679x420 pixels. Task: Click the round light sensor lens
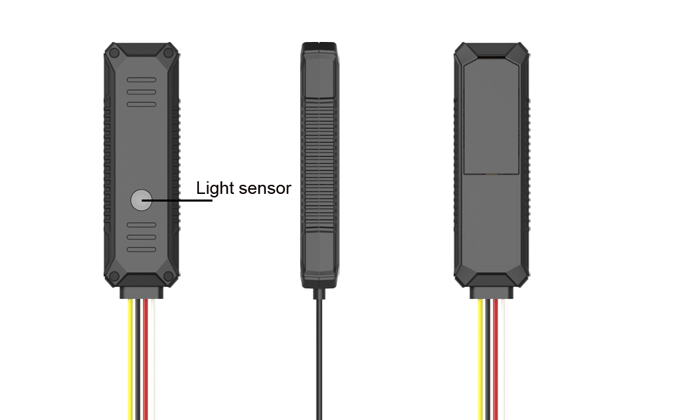[141, 200]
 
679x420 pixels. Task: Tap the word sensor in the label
[265, 189]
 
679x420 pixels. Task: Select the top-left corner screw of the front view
[114, 52]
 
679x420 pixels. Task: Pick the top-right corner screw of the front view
[169, 52]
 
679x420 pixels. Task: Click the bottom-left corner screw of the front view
[114, 276]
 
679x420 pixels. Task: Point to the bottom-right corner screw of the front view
[169, 276]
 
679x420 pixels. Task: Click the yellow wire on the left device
[131, 359]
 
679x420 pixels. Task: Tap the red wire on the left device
[146, 359]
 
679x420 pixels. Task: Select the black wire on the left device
[139, 359]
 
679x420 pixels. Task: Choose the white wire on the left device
[153, 359]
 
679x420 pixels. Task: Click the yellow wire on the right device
[481, 359]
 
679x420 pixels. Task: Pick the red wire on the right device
[496, 359]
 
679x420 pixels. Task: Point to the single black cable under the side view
[319, 359]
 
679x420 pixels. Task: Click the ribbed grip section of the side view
[320, 164]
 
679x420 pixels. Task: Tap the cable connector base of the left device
[141, 293]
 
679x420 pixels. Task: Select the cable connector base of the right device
[491, 293]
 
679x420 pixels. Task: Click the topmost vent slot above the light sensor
[141, 80]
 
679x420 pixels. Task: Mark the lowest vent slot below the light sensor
[141, 249]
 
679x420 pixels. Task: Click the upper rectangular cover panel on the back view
[491, 115]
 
